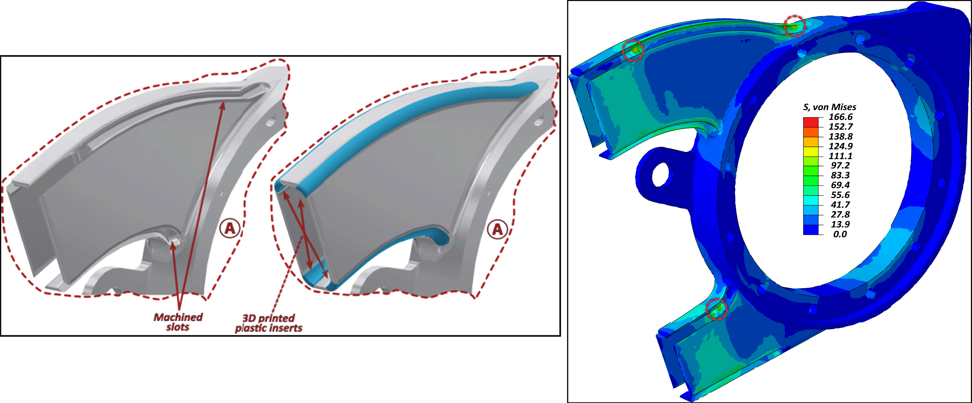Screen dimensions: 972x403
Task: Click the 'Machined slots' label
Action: (x=178, y=322)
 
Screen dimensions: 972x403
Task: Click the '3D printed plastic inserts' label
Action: (x=269, y=323)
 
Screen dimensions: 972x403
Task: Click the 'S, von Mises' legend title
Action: (x=829, y=107)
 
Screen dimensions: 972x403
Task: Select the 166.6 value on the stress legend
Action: (x=840, y=117)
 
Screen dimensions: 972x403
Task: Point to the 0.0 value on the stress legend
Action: (x=840, y=234)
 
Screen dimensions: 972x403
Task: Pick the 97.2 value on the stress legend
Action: (x=840, y=166)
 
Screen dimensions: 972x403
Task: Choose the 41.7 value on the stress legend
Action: (x=840, y=205)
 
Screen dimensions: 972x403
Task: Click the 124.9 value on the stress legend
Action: (x=840, y=146)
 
